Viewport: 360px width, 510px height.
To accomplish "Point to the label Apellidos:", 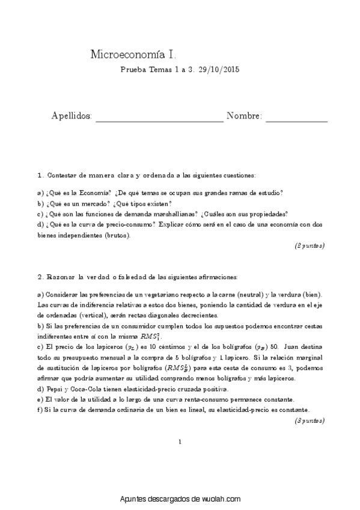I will (72, 115).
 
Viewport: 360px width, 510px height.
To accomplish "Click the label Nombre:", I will (244, 115).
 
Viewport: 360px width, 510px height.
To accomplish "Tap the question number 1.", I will (40, 175).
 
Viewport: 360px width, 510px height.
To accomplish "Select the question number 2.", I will (40, 277).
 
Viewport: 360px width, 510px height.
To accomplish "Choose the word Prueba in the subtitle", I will (133, 70).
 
